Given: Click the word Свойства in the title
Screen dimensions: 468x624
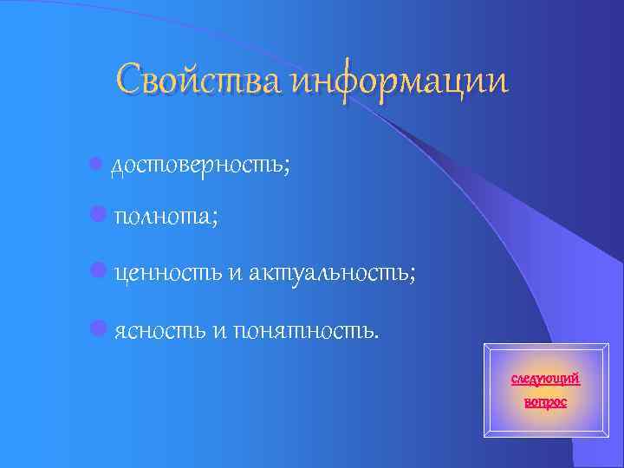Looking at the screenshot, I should (201, 80).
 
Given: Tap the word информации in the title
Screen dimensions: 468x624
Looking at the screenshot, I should (400, 81).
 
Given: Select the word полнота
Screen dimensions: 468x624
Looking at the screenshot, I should (160, 218).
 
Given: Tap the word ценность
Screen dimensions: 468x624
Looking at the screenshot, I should (168, 274).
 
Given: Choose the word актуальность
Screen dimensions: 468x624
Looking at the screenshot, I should (328, 274).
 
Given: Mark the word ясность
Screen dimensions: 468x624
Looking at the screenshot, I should (159, 330).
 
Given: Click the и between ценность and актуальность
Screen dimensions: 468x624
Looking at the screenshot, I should (237, 275).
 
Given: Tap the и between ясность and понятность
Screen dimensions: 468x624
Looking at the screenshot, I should (218, 330).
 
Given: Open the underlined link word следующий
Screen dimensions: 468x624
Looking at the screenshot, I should (545, 380).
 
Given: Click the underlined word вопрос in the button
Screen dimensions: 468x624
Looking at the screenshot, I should (545, 402).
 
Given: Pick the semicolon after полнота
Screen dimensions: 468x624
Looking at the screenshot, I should (214, 221).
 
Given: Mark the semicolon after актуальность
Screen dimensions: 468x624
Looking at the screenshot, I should (413, 276).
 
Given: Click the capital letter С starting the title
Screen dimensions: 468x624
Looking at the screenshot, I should (131, 80).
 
